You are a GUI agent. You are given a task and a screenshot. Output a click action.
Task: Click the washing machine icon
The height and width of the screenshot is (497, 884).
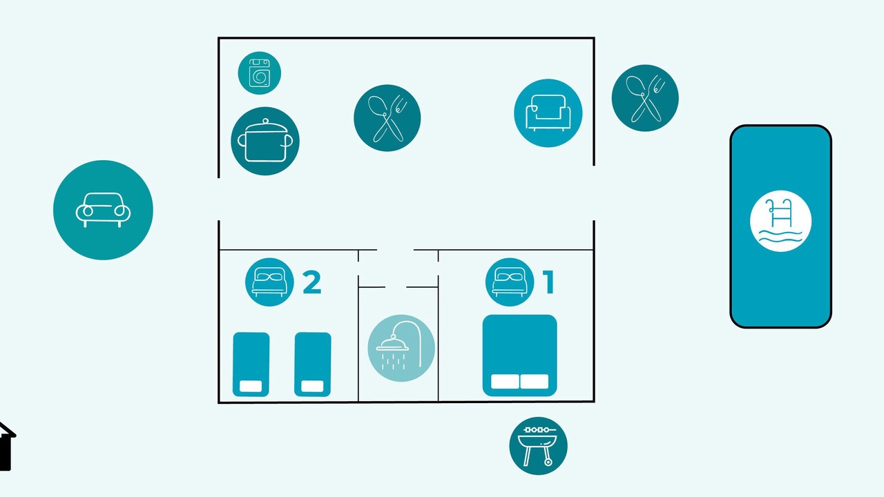click(x=259, y=73)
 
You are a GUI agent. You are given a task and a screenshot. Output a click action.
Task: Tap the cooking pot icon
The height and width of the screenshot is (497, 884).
click(x=265, y=142)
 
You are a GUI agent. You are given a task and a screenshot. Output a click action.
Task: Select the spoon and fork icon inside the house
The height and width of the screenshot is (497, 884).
click(x=387, y=118)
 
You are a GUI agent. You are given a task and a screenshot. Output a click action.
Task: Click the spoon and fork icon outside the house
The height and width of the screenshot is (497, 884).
click(x=645, y=98)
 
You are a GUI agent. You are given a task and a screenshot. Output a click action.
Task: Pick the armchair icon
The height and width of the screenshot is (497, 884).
click(x=548, y=113)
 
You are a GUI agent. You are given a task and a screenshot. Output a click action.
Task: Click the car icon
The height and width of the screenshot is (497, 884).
click(x=103, y=210)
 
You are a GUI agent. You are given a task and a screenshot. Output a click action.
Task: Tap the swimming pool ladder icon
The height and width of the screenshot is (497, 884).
click(x=780, y=221)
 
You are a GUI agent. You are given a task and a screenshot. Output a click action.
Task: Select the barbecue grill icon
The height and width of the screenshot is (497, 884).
click(x=538, y=446)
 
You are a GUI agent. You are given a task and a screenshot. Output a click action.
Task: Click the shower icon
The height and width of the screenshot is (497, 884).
click(x=401, y=348)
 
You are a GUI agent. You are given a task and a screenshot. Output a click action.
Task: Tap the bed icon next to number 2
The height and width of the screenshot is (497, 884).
click(x=269, y=282)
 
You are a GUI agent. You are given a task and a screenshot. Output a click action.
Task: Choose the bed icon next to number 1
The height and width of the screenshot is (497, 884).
click(x=510, y=282)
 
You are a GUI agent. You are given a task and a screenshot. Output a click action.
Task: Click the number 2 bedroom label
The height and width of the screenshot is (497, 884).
click(x=311, y=282)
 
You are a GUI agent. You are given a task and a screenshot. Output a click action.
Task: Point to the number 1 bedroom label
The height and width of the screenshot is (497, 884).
click(x=549, y=282)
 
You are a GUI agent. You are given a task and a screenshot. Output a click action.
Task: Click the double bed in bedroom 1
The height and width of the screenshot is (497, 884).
click(x=520, y=355)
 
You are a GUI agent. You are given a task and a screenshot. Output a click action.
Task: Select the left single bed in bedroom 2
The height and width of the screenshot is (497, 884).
click(x=251, y=364)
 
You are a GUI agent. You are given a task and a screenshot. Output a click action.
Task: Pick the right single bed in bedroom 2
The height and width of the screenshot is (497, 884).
click(x=313, y=364)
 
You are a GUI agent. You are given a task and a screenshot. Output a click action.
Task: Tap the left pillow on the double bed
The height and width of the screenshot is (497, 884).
click(x=505, y=382)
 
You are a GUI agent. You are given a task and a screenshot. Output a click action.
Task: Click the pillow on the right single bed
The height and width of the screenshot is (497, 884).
click(x=313, y=386)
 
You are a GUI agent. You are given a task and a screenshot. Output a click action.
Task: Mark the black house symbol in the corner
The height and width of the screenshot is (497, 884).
click(x=7, y=447)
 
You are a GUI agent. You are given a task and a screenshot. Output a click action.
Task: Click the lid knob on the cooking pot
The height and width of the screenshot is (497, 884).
click(x=265, y=121)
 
